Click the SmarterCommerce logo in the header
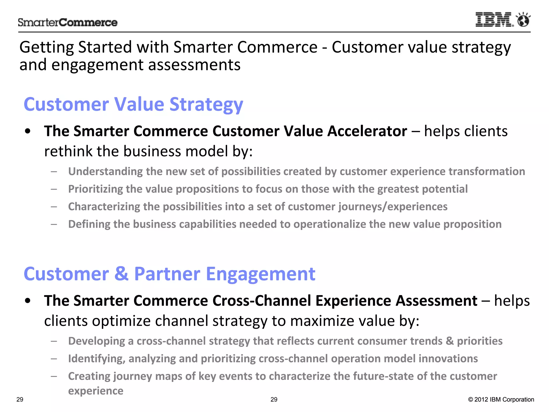point(68,23)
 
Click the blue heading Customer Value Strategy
point(133,104)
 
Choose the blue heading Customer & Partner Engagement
point(169,274)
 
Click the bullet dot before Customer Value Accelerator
point(28,131)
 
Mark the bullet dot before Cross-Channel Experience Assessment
point(28,301)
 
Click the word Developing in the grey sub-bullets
point(97,341)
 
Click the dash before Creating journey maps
point(54,376)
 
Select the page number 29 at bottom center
point(274,400)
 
